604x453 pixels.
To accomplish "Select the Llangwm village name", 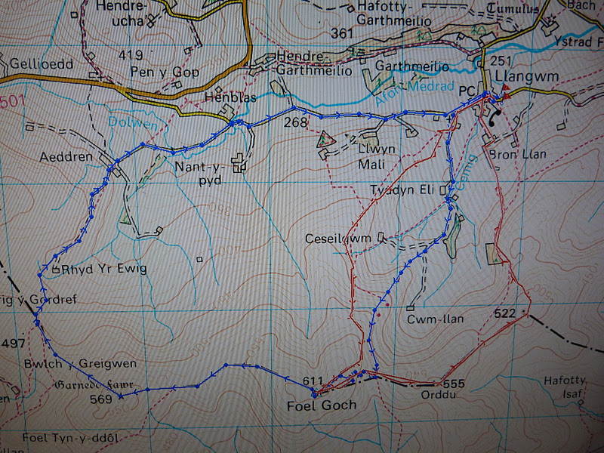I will [x=520, y=77].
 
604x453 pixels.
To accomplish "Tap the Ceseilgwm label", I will [x=338, y=239].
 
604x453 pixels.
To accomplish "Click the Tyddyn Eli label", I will [x=402, y=190].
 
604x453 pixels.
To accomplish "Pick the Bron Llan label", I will [x=518, y=155].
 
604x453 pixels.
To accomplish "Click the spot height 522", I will [x=506, y=313].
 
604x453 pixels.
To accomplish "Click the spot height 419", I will [x=131, y=55].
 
